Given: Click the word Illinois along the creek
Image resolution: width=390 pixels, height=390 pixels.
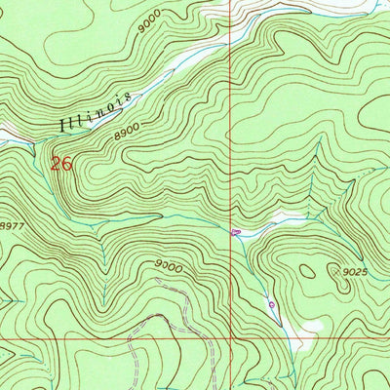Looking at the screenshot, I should [97, 113].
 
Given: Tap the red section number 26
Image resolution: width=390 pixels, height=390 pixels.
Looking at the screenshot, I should [62, 164].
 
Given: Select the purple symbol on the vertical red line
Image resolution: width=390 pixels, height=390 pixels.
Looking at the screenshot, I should [235, 231].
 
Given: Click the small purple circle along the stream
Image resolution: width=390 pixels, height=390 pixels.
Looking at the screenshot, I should [271, 304].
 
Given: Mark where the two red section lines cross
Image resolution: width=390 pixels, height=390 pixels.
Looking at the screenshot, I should [231, 339].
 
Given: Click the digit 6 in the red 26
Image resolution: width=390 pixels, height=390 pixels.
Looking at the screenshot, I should [67, 164].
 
